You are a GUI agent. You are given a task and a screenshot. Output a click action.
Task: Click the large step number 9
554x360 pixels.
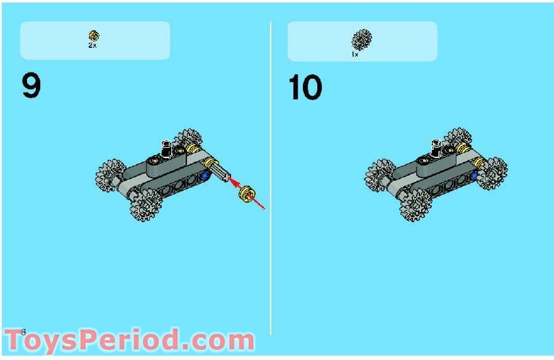[31, 86]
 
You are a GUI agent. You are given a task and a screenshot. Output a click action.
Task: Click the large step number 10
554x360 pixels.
[305, 87]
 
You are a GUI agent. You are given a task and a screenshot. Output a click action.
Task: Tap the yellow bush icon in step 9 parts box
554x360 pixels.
[94, 36]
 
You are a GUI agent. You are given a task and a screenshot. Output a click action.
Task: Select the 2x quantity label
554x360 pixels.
[93, 46]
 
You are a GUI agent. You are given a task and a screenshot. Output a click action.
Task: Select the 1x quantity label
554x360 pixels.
[355, 55]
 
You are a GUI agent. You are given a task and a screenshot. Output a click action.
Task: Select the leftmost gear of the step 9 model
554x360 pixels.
[111, 174]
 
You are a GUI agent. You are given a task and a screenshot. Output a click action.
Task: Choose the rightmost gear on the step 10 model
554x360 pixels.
[492, 172]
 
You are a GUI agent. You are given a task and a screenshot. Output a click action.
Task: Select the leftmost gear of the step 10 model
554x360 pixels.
[380, 174]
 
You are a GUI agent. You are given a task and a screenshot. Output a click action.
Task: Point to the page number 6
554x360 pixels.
[23, 332]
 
